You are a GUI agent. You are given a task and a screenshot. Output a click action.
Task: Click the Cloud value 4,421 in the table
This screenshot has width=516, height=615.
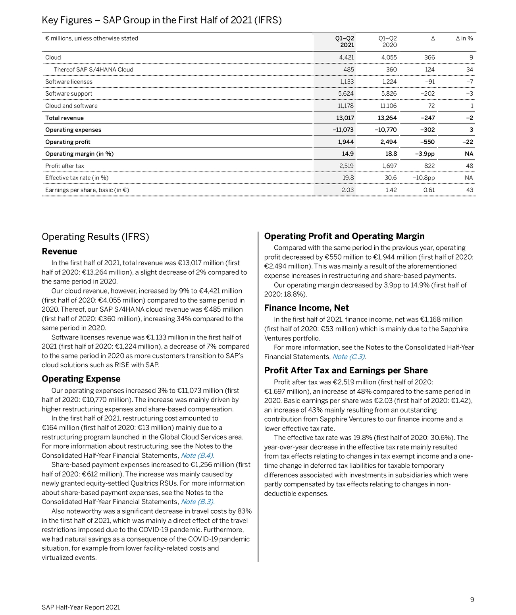pos(346,58)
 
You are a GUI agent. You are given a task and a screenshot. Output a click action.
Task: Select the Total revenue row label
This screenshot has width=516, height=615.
pos(64,118)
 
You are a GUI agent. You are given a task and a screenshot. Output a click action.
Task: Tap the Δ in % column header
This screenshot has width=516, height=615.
pos(464,39)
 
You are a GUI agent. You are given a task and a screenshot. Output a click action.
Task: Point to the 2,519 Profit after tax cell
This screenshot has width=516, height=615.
pos(346,166)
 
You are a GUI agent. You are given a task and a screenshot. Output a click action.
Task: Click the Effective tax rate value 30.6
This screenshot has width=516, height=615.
pos(390,178)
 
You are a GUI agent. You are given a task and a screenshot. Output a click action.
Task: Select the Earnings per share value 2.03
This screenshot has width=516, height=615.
pos(347,190)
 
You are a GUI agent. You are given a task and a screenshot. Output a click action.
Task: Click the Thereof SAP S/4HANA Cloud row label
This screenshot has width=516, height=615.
pos(93,69)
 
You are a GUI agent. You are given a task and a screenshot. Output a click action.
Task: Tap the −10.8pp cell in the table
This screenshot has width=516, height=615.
pos(424,178)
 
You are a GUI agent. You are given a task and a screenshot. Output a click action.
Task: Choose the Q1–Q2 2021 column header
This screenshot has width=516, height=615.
pos(345,42)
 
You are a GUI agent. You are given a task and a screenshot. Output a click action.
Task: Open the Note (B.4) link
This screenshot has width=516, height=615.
pos(197,455)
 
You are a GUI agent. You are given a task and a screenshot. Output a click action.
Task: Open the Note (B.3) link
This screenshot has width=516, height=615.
pos(197,502)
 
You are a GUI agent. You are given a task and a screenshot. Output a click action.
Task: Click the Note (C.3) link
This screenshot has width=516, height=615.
pos(349,357)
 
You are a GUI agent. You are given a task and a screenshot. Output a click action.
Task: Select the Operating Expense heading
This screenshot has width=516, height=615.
pos(81,379)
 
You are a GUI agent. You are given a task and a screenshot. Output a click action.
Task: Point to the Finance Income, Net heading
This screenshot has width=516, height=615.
pos(306,308)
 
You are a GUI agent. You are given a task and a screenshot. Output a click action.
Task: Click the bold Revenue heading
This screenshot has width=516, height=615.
pos(60,251)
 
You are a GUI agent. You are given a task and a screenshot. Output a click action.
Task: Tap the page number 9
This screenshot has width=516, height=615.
pos(472,600)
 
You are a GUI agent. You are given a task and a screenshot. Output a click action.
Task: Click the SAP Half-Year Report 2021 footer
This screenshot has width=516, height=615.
pos(81,607)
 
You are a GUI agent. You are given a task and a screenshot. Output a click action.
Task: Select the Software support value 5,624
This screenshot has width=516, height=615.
pos(346,94)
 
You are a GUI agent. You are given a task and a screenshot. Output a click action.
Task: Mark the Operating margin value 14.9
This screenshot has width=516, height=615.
pos(348,154)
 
